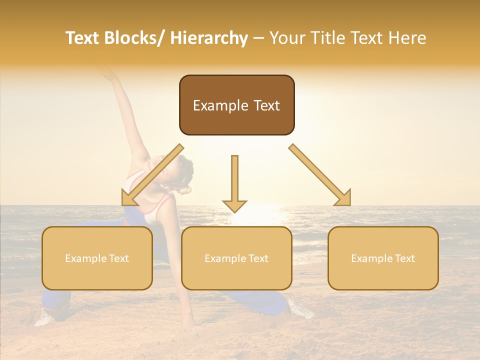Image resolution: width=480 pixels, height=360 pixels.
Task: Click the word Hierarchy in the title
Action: click(x=209, y=38)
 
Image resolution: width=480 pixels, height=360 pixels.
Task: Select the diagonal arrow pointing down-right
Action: click(x=320, y=175)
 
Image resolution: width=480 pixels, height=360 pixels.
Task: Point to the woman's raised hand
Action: click(x=108, y=74)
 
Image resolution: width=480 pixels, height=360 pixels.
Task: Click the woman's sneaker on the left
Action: click(x=44, y=317)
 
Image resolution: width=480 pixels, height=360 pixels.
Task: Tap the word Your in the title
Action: click(x=287, y=38)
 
